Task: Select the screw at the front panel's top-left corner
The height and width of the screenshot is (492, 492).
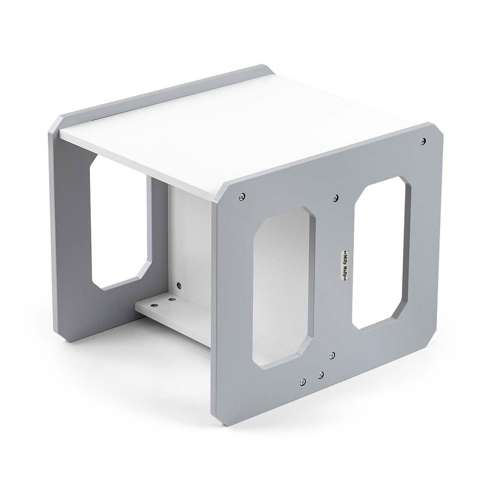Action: [242, 197]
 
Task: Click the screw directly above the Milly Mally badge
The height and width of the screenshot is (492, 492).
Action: [335, 197]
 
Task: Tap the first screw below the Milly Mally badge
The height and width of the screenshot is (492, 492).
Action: [332, 355]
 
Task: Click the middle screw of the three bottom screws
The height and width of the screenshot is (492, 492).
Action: [320, 374]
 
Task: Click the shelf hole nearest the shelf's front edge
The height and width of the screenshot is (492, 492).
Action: [154, 305]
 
